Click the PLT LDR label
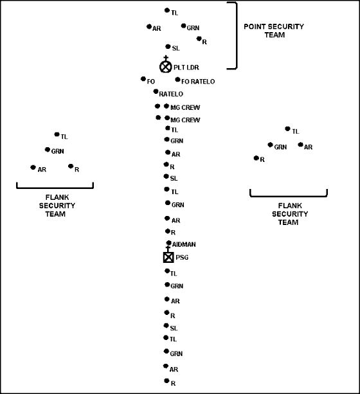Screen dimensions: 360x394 [x=186, y=67]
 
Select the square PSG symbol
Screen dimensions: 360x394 [x=168, y=257]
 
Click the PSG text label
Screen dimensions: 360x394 [x=182, y=257]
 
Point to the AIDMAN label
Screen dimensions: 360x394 [x=184, y=244]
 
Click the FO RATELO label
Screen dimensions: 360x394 [x=198, y=82]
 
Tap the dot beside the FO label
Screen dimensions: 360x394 [x=143, y=79]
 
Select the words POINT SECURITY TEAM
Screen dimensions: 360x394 [x=274, y=31]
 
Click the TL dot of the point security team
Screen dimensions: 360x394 [x=167, y=10]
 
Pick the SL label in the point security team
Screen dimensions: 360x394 [x=175, y=48]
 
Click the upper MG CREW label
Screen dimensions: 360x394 [x=185, y=107]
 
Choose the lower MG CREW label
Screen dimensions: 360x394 [x=185, y=120]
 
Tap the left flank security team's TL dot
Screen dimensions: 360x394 [x=57, y=134]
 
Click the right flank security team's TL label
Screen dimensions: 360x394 [x=295, y=131]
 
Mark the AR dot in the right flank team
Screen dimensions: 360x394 [x=300, y=145]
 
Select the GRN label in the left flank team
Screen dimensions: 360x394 [x=57, y=151]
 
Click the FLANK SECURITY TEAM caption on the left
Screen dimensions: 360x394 [x=57, y=206]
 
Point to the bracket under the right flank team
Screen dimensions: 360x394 [x=289, y=196]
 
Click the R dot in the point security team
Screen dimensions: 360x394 [x=199, y=39]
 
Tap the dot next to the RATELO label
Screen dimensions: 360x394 [x=156, y=91]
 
